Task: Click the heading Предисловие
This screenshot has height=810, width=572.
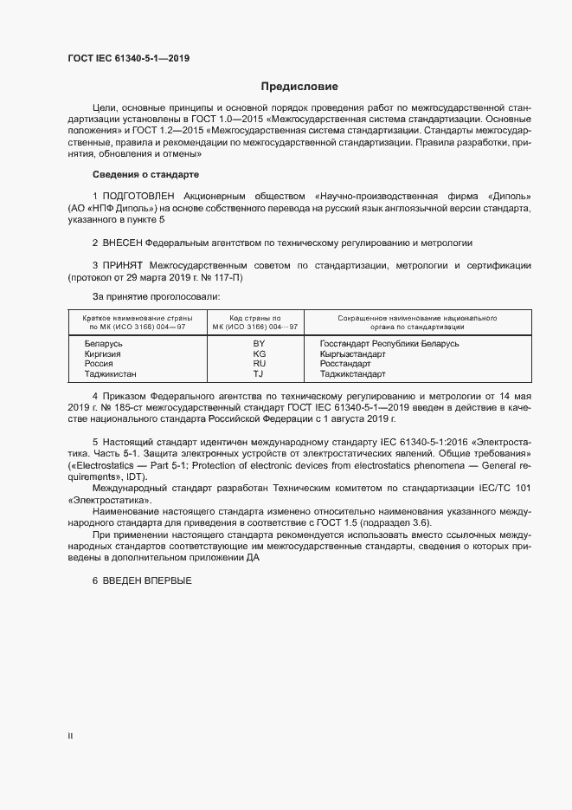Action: coord(299,87)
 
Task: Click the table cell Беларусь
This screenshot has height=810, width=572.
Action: coord(103,344)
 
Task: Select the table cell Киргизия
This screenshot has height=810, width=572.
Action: coord(103,354)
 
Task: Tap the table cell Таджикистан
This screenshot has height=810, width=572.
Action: coord(110,374)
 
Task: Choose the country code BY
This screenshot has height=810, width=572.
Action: coord(258,344)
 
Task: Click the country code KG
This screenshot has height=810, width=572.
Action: coord(258,354)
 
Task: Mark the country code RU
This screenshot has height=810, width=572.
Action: coord(258,364)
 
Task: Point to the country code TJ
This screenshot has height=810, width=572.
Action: coord(258,374)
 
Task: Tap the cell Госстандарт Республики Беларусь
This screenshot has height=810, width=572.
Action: coord(389,344)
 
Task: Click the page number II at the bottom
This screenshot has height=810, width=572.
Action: coord(70,736)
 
